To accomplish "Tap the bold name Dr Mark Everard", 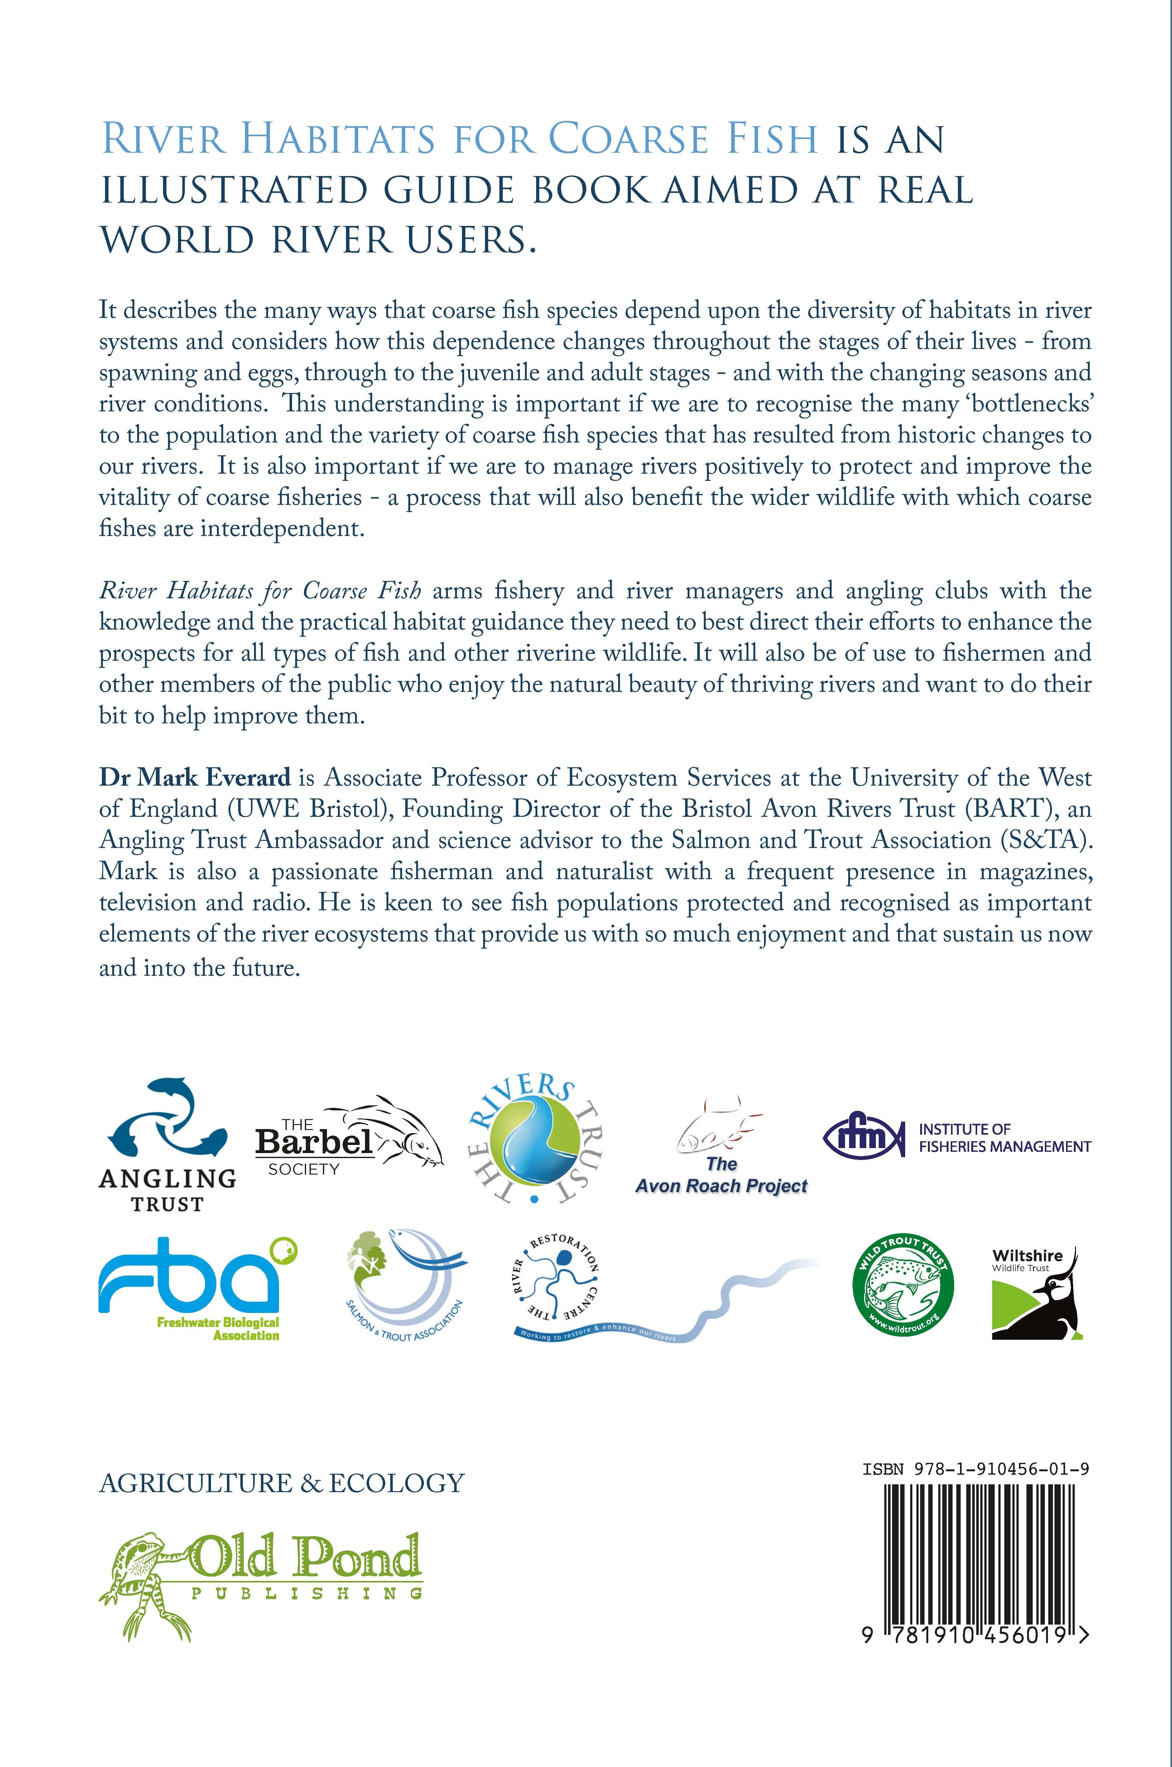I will (x=195, y=778).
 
